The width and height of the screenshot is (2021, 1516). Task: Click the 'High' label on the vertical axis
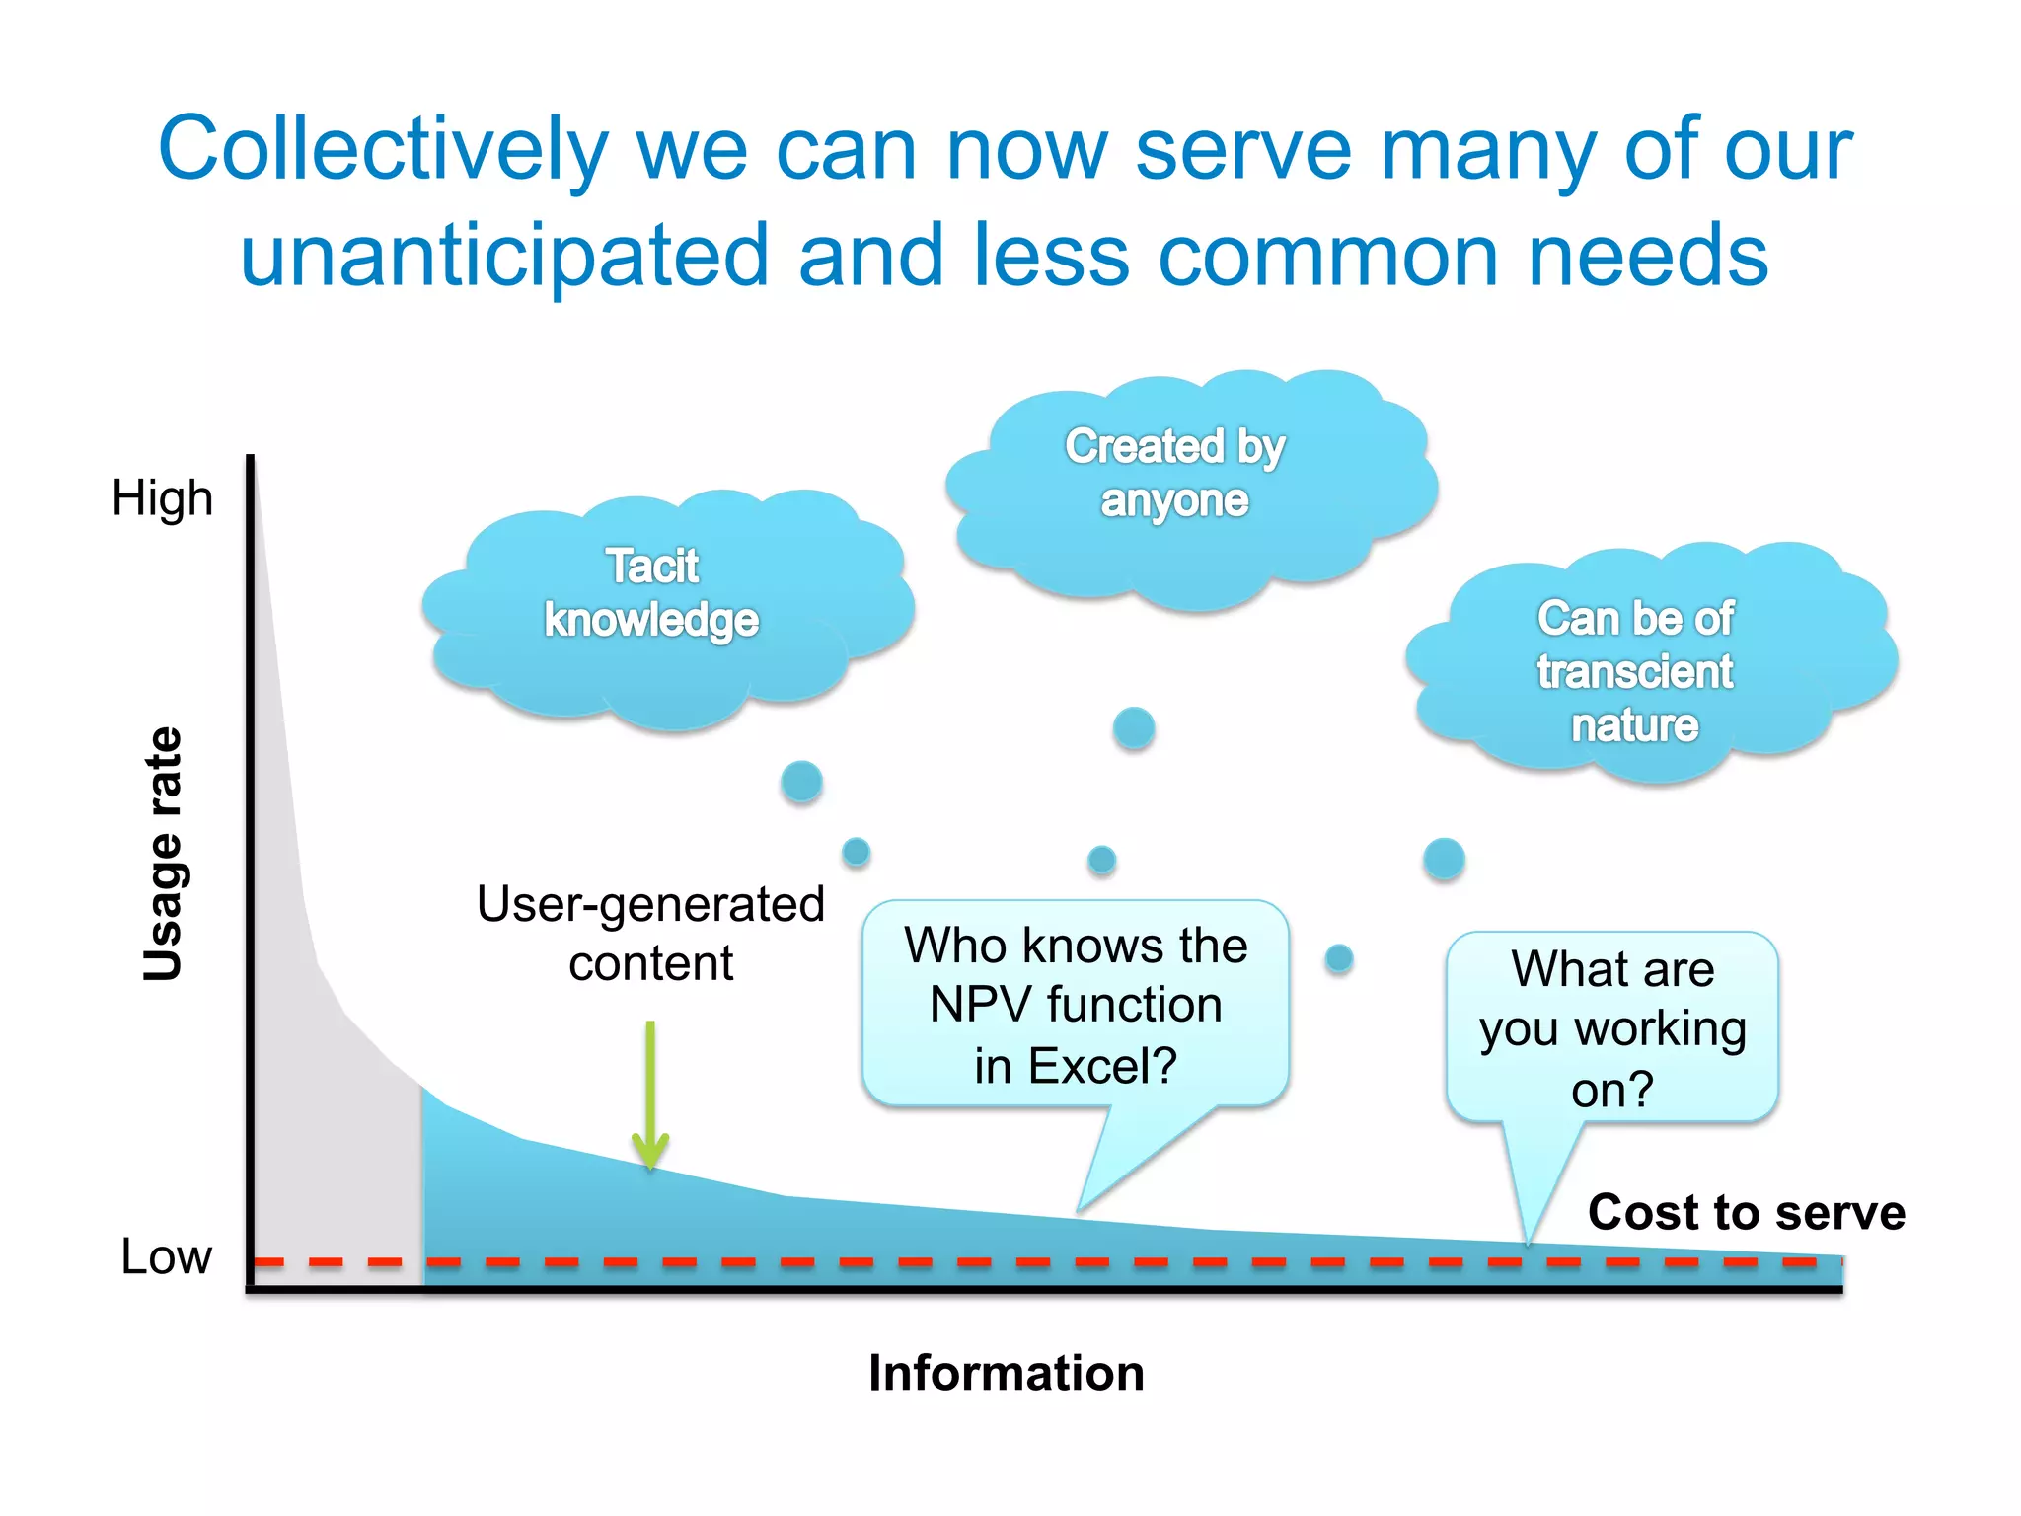coord(162,498)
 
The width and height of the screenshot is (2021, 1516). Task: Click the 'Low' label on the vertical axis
coord(166,1256)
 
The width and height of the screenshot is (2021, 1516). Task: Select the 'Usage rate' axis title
coord(164,855)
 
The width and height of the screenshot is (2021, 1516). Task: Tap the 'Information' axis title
coord(1006,1373)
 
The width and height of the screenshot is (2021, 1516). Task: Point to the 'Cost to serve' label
coord(1746,1212)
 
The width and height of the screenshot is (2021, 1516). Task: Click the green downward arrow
coord(650,1096)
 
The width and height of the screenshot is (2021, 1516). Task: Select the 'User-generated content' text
coord(650,933)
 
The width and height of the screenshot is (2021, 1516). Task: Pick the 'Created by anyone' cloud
coord(1184,484)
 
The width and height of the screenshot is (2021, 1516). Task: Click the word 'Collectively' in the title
coord(382,150)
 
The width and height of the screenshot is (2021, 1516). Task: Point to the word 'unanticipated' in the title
coord(503,256)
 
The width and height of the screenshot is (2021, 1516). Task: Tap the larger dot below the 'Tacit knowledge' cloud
coord(801,782)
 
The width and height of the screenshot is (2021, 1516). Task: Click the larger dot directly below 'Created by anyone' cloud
coord(1134,728)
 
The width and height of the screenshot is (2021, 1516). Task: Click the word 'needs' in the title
coord(1648,256)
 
